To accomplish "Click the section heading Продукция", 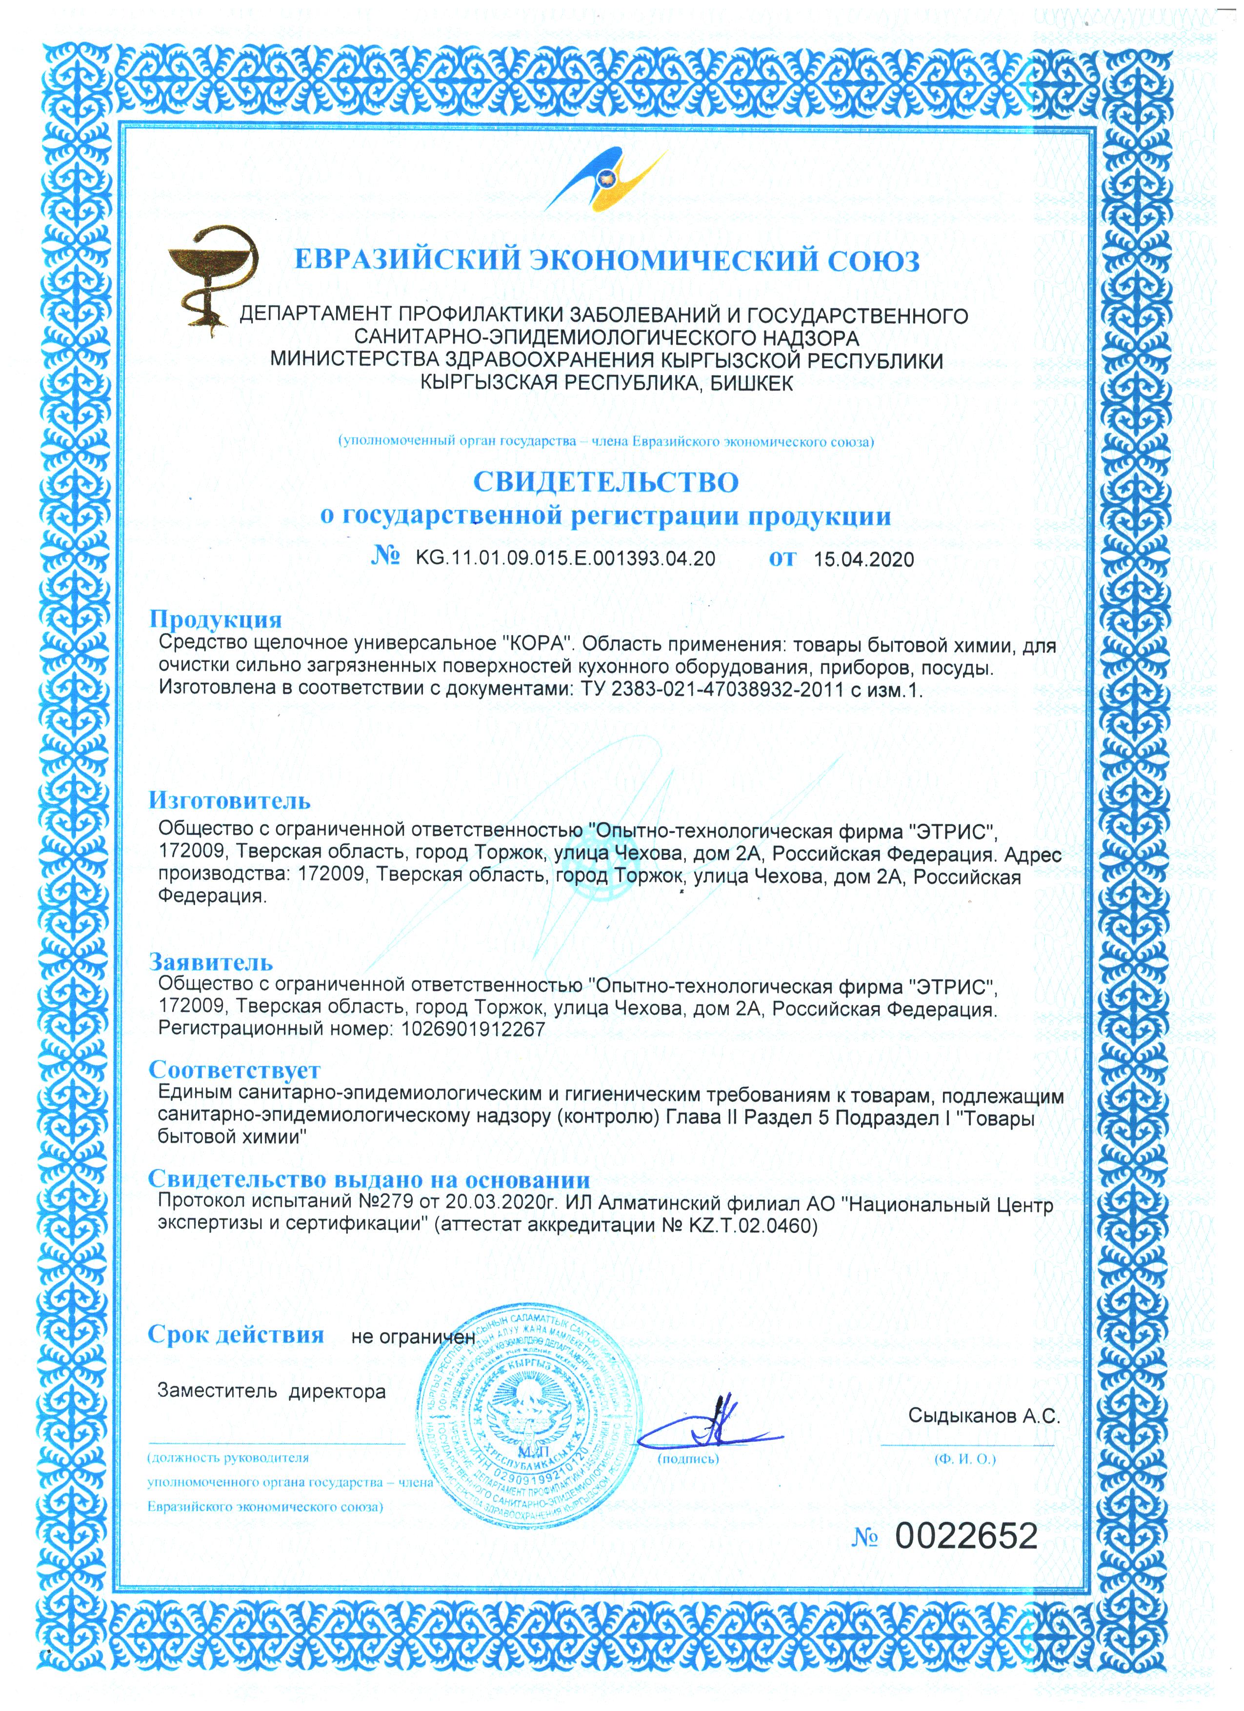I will pos(215,619).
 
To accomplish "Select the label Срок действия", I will pos(235,1334).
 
